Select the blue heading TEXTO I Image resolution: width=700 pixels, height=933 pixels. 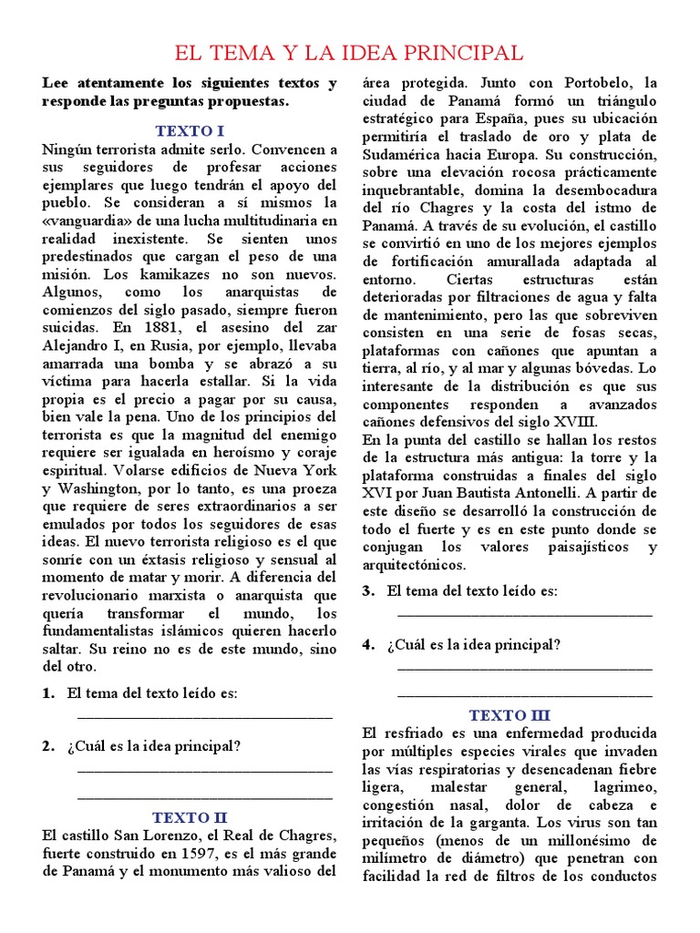(x=190, y=130)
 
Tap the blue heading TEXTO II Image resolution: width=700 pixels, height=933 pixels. (x=190, y=816)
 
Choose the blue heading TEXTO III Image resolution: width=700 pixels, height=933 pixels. (x=510, y=715)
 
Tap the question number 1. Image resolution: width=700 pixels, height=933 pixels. (x=47, y=693)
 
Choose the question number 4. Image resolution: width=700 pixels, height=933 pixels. (x=368, y=645)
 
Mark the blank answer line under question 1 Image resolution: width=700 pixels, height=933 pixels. (x=205, y=718)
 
